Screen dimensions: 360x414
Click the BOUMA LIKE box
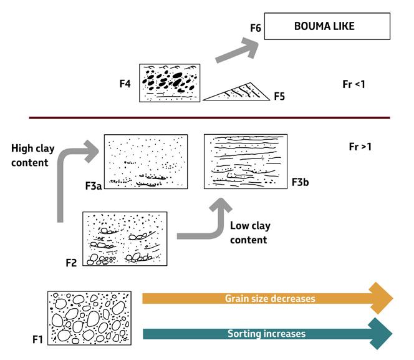click(327, 27)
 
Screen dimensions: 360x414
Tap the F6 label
click(254, 29)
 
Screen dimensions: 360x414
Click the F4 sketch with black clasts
click(170, 82)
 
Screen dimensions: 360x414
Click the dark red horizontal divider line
click(209, 117)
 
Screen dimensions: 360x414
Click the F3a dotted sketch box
click(145, 162)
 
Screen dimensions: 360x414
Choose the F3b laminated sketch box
click(246, 161)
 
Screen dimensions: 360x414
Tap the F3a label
click(94, 186)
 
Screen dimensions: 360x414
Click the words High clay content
click(29, 156)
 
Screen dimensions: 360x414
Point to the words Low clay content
click(248, 233)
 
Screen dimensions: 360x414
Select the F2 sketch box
click(125, 240)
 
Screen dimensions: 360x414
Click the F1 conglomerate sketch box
click(90, 317)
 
